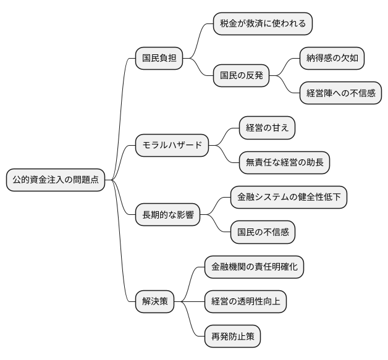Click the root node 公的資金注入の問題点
pyautogui.click(x=55, y=180)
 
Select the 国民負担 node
pyautogui.click(x=159, y=59)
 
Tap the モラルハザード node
pyautogui.click(x=172, y=146)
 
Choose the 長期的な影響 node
pyautogui.click(x=168, y=216)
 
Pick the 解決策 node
pyautogui.click(x=154, y=303)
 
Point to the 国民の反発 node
pyautogui.click(x=242, y=76)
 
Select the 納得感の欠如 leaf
pyautogui.click(x=332, y=59)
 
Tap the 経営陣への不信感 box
pyautogui.click(x=340, y=94)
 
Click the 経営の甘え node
pyautogui.click(x=267, y=128)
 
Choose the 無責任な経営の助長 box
pyautogui.click(x=284, y=163)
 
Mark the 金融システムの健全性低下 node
pyautogui.click(x=289, y=198)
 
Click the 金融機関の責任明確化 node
pyautogui.click(x=254, y=267)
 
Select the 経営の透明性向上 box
pyautogui.click(x=245, y=303)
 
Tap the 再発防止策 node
pyautogui.click(x=232, y=337)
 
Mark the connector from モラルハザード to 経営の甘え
pyautogui.click(x=224, y=136)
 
